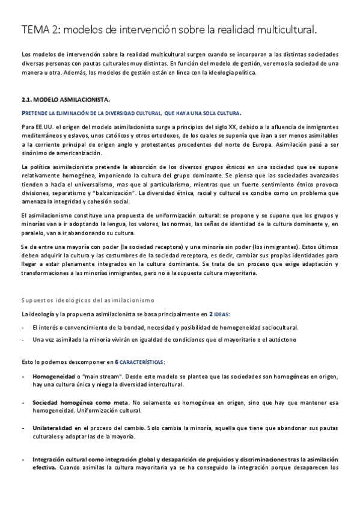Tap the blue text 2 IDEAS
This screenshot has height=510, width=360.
pos(219,314)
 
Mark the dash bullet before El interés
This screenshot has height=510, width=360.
pos(23,327)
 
